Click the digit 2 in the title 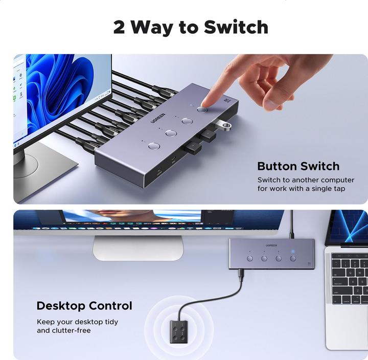pos(119,27)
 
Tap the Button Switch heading pos(298,166)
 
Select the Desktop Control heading pos(84,306)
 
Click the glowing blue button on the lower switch pos(293,258)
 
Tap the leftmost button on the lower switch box pos(250,258)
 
